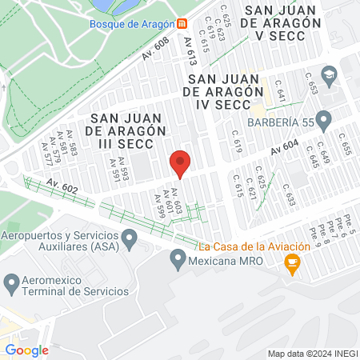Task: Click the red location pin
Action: (180, 163)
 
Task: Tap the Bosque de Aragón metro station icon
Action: (182, 24)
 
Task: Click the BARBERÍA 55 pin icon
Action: (323, 122)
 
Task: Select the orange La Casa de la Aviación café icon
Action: (294, 263)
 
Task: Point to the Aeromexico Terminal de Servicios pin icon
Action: (12, 282)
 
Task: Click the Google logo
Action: (27, 350)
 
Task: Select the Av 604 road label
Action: (284, 147)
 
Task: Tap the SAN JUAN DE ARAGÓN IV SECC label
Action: (223, 92)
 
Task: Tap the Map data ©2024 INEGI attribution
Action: (311, 354)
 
